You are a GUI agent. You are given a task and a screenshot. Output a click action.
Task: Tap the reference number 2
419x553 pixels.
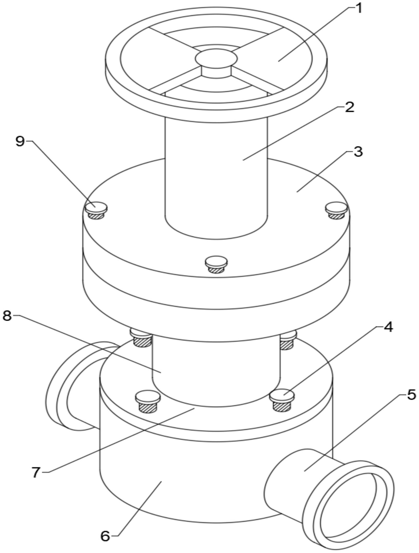click(349, 107)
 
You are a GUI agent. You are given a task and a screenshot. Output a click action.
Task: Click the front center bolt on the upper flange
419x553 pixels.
click(216, 262)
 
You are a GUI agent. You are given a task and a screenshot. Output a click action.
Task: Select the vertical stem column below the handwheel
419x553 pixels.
click(216, 177)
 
